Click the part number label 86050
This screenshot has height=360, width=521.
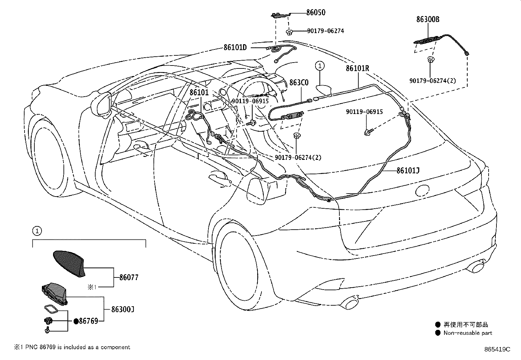tap(315, 12)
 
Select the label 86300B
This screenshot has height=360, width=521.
tap(428, 19)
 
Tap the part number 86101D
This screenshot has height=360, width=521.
tap(235, 47)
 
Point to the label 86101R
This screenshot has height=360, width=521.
tap(357, 68)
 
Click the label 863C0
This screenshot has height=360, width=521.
tap(299, 83)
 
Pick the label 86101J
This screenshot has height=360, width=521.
tap(408, 171)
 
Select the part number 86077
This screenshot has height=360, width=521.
tap(129, 277)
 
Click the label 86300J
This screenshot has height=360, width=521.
tap(123, 309)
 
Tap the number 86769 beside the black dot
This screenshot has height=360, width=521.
tap(88, 321)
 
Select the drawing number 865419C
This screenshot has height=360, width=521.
tap(497, 349)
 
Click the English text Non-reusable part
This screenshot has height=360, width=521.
tap(468, 333)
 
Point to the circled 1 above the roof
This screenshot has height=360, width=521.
tap(320, 66)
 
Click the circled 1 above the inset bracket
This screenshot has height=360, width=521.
tap(37, 231)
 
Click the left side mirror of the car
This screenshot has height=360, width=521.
tap(102, 104)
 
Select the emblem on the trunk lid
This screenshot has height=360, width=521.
tap(422, 190)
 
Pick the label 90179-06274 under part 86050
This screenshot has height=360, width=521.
tap(325, 31)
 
